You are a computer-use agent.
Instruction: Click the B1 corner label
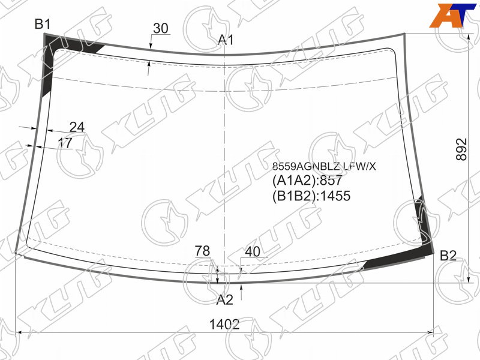(42, 24)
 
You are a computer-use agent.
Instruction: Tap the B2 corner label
(448, 256)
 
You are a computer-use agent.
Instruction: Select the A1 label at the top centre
(226, 40)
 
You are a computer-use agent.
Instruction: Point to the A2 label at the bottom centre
(224, 299)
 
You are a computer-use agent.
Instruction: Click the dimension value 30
(160, 28)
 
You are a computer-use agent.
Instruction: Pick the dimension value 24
(77, 127)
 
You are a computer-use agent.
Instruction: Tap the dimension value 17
(65, 143)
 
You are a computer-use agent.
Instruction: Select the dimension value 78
(202, 251)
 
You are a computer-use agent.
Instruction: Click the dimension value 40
(253, 251)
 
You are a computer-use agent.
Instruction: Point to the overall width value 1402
(224, 324)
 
